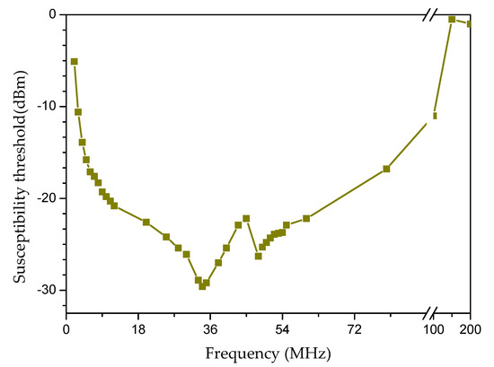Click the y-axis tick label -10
(x=46, y=106)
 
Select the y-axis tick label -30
(x=46, y=290)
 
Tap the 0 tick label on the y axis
(x=52, y=14)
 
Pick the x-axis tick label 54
(x=282, y=329)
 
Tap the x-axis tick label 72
(x=354, y=329)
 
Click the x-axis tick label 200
(x=470, y=329)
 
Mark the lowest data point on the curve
(x=202, y=286)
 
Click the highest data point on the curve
(x=452, y=19)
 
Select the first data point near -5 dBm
(x=74, y=61)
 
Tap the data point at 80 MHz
(x=386, y=169)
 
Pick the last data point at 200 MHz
(x=469, y=23)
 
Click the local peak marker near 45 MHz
(x=246, y=218)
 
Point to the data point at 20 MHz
(x=146, y=222)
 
